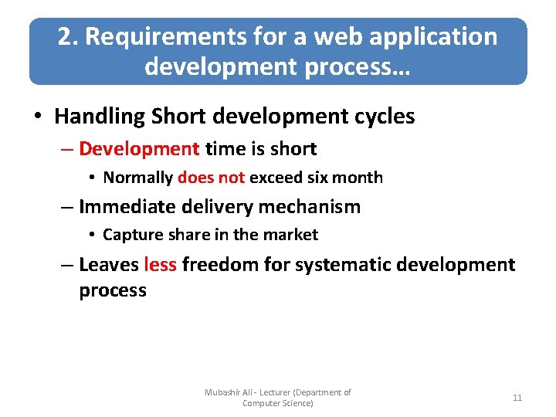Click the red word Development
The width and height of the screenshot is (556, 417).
tap(139, 148)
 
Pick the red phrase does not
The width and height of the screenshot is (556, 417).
tap(211, 178)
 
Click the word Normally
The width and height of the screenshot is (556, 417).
tap(137, 178)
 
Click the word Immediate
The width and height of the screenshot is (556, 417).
tap(127, 206)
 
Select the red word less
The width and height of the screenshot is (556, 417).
tap(160, 265)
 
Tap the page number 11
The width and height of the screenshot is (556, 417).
tap(517, 398)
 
